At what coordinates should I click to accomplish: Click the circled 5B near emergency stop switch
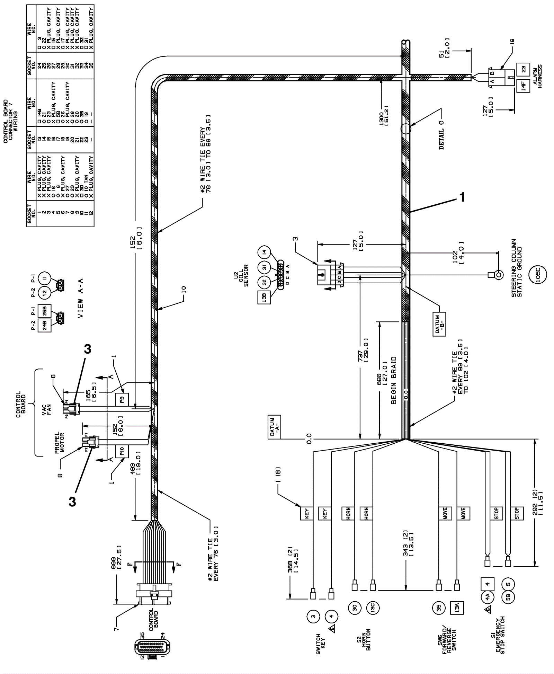[x=508, y=598]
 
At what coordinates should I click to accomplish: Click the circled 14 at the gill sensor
[x=265, y=252]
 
